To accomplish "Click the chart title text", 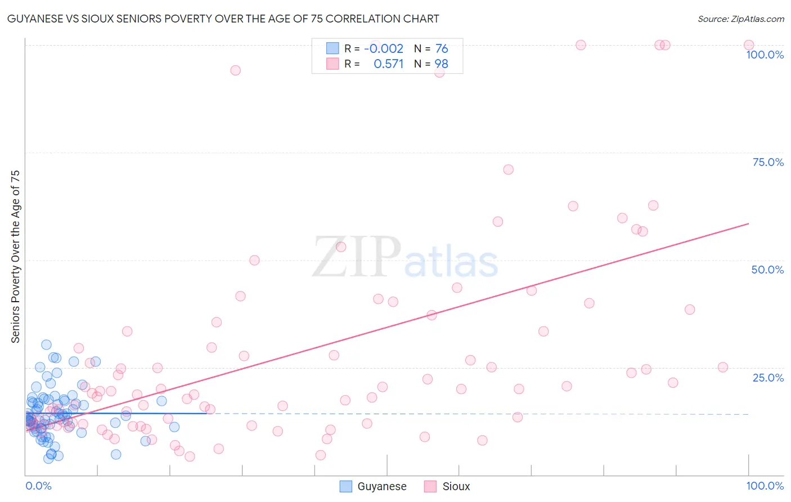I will (223, 19).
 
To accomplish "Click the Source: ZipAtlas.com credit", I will (740, 19).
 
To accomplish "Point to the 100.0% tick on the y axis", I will (765, 55).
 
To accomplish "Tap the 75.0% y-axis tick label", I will (768, 162).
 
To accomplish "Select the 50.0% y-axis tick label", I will (767, 270).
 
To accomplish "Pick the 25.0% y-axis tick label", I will (768, 378).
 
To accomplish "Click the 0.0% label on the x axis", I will (38, 486).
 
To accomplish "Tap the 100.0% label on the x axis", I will (765, 486).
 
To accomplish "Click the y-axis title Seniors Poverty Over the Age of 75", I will (15, 257).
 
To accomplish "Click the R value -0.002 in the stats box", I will (384, 49).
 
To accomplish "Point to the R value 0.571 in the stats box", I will (389, 64).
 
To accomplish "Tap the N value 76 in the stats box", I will (442, 49).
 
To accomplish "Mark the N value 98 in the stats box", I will (442, 64).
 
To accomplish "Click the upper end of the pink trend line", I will (748, 224).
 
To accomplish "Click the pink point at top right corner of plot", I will (749, 45).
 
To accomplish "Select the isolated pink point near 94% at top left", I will (235, 70).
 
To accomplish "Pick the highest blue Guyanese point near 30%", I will (46, 345).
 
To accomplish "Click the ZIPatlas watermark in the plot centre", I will (405, 258).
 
